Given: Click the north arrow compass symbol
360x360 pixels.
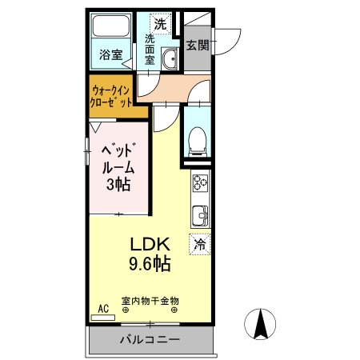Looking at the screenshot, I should coord(260,324).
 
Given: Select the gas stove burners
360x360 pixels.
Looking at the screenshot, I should coord(199,186).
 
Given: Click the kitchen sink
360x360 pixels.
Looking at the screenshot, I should coord(199,215).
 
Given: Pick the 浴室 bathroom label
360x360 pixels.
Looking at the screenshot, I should coord(110,55).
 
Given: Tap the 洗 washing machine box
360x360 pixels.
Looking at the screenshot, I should coord(160,24).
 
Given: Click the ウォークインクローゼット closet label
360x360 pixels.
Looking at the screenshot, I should coord(112,97).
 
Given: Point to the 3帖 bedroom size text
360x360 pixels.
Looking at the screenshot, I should coord(118,186).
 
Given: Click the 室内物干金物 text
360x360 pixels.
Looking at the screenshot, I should coord(150,301).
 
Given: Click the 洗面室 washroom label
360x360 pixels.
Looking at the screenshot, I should coord(150,48).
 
